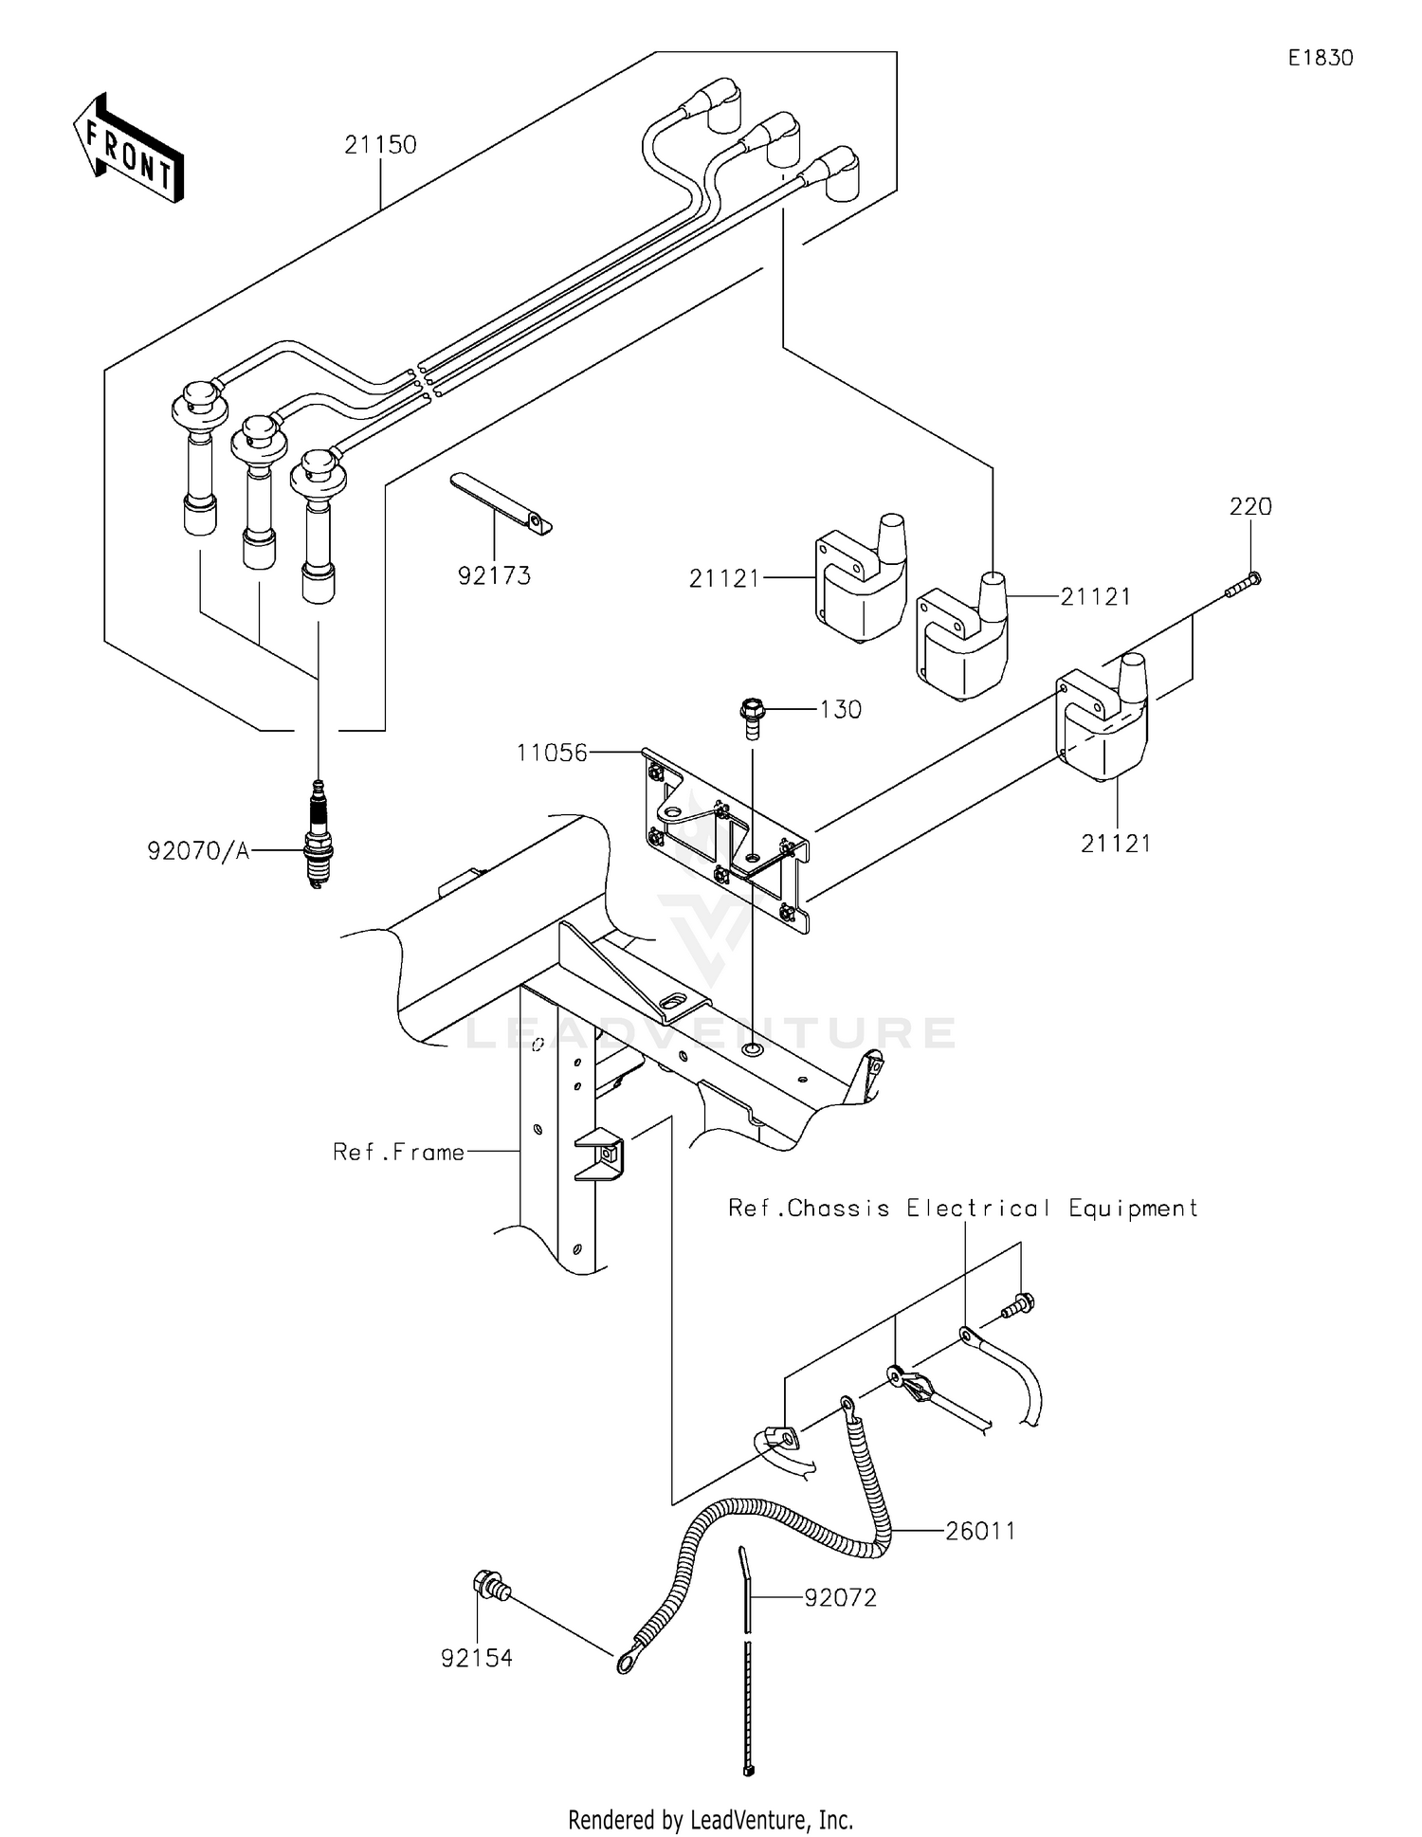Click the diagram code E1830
[x=1320, y=58]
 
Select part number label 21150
[x=380, y=145]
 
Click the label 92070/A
[x=198, y=851]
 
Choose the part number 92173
[x=494, y=575]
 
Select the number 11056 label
[x=552, y=753]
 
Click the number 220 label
[x=1250, y=507]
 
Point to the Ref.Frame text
[x=398, y=1152]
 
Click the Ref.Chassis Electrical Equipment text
[x=962, y=1208]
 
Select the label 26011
[x=980, y=1531]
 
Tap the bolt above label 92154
[x=490, y=1583]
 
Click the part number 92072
[x=840, y=1597]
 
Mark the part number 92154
[x=476, y=1658]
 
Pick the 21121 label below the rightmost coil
[x=1116, y=843]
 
